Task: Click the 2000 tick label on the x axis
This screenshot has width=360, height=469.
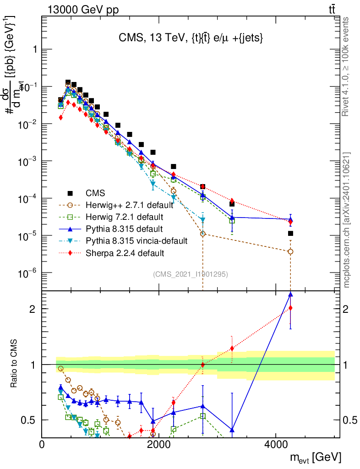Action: coord(158,444)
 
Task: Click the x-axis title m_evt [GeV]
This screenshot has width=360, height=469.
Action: coord(316,457)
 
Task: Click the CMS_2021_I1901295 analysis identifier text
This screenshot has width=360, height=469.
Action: coord(191,274)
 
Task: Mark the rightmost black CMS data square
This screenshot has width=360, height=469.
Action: coord(290,234)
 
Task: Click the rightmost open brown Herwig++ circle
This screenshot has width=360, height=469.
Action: coord(290,251)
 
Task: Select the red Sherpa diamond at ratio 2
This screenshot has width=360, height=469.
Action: coord(290,308)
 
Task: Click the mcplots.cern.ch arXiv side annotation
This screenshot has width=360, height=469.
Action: coord(347,220)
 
